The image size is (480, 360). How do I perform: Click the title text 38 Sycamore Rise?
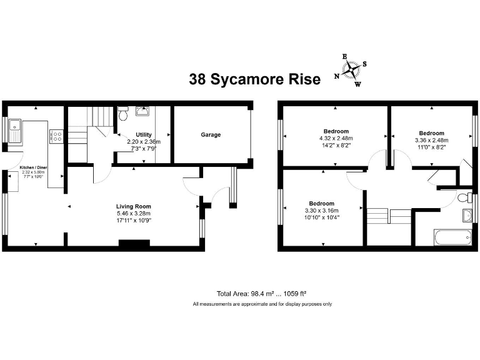[254, 79]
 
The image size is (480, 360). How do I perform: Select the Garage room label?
[211, 134]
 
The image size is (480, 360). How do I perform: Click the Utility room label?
[144, 135]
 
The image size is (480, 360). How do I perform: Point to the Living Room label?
[134, 206]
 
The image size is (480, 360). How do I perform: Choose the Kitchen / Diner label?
[34, 168]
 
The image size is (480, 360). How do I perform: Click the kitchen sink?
[14, 132]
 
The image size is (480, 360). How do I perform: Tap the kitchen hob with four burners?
[56, 136]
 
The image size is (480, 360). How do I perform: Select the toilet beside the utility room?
[123, 115]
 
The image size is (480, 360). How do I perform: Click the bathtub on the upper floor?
[452, 237]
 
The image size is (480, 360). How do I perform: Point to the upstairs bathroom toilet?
[463, 198]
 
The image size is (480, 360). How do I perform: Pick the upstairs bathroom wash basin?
[466, 216]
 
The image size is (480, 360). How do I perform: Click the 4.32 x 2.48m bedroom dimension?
[336, 138]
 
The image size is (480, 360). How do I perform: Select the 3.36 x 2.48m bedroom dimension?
[431, 140]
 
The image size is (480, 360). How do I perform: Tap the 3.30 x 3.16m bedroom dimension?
[321, 211]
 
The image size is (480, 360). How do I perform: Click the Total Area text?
[261, 293]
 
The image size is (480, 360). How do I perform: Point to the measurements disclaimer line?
[262, 304]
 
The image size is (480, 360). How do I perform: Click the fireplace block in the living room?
[131, 244]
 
